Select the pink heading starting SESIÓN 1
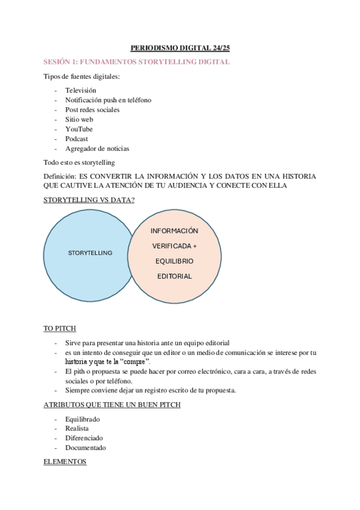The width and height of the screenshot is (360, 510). (137, 62)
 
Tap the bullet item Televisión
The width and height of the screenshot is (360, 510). (81, 90)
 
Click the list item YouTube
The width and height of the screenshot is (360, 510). (79, 129)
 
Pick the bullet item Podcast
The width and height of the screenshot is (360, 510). (76, 139)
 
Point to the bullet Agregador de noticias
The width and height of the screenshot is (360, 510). (97, 149)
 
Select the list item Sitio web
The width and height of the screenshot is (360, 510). (79, 120)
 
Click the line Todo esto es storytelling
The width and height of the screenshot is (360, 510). (79, 162)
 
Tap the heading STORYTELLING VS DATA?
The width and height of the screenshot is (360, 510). (89, 200)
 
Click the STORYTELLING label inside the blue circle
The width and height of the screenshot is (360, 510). (90, 253)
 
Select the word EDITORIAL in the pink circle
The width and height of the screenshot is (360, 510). (174, 277)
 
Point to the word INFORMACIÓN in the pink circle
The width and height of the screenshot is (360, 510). (174, 231)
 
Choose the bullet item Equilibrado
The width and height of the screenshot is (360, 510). (82, 419)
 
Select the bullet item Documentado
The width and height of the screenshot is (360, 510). (85, 448)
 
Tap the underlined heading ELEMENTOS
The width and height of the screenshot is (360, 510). (65, 462)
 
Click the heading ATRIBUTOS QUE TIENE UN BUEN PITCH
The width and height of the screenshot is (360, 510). (112, 405)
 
